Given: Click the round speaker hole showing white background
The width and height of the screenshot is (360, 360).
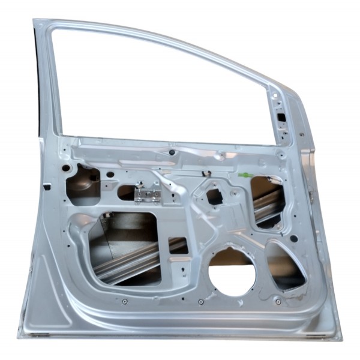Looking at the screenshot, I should [232, 273].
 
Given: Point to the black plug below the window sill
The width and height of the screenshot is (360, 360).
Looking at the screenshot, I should [172, 152].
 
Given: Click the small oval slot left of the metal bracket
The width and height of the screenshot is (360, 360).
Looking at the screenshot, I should [127, 193].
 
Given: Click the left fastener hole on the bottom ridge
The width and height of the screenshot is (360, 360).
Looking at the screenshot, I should [124, 301].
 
